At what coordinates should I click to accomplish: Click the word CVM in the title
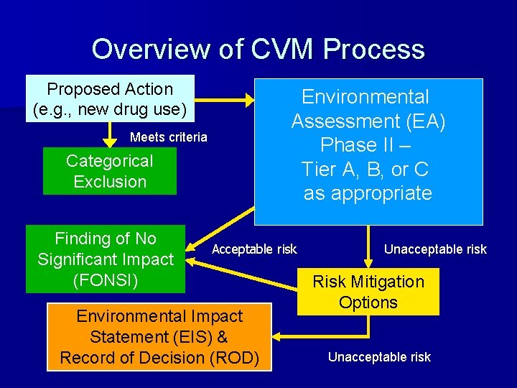[282, 49]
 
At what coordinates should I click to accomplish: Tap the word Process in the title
[373, 49]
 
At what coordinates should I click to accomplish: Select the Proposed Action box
[110, 99]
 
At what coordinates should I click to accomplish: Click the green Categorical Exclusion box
[110, 171]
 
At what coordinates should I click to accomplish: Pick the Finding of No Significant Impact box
[106, 259]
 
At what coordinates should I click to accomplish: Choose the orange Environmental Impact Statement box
[159, 336]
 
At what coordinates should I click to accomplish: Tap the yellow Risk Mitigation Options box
[368, 292]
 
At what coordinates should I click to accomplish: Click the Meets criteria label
[169, 137]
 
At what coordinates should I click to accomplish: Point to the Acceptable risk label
[254, 249]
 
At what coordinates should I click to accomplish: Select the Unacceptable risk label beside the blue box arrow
[435, 249]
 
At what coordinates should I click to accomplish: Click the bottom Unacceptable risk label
[379, 356]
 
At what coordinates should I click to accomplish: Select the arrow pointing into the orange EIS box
[323, 336]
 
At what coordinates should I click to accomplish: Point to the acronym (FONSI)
[106, 280]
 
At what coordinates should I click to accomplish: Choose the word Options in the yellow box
[368, 302]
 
